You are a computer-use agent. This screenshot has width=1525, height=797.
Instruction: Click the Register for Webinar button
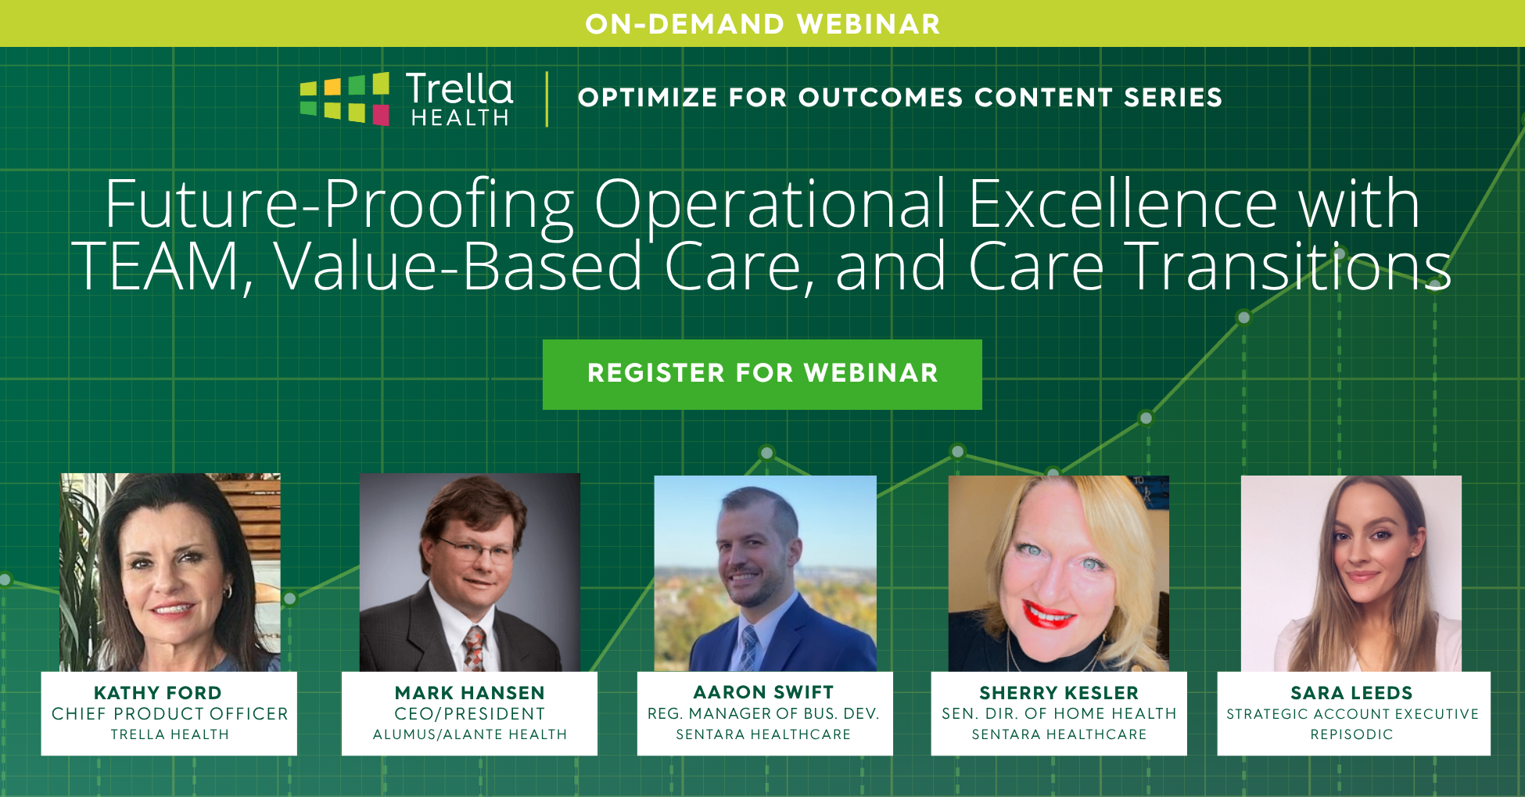762,374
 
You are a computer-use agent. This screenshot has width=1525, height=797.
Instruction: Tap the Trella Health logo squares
345,99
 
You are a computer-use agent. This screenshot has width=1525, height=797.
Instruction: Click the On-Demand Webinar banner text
762,24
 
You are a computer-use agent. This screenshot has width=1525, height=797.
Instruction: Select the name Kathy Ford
158,693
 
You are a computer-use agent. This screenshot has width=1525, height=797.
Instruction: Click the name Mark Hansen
469,693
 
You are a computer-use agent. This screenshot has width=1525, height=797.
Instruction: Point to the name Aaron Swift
763,692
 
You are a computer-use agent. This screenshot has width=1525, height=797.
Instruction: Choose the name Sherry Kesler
1059,693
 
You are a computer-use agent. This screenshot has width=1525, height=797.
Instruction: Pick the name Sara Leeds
1351,693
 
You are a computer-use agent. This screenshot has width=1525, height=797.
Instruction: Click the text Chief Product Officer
170,714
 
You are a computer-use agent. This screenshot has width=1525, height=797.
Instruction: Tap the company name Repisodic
1351,734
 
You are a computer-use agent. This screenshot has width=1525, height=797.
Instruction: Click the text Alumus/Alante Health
469,734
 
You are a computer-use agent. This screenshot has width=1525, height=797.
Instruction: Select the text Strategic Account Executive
1352,714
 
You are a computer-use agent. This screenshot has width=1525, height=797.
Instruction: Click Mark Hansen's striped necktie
472,648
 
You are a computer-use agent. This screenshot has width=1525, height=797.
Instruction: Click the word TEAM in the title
156,267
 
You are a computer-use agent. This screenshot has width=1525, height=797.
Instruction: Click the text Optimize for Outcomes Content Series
899,98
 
